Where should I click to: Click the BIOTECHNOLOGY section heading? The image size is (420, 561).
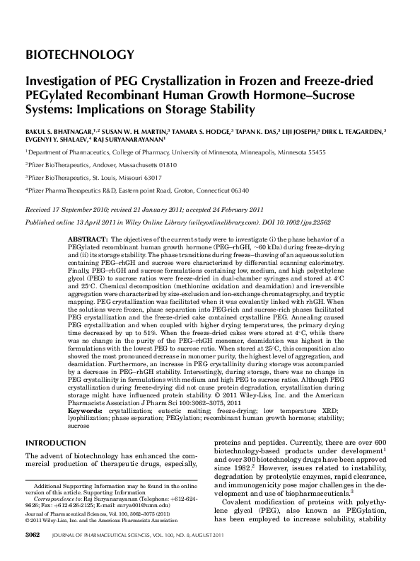79,55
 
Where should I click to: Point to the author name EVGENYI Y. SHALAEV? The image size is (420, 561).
58,140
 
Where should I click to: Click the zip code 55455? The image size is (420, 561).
313,152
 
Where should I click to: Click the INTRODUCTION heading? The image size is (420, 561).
55,443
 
